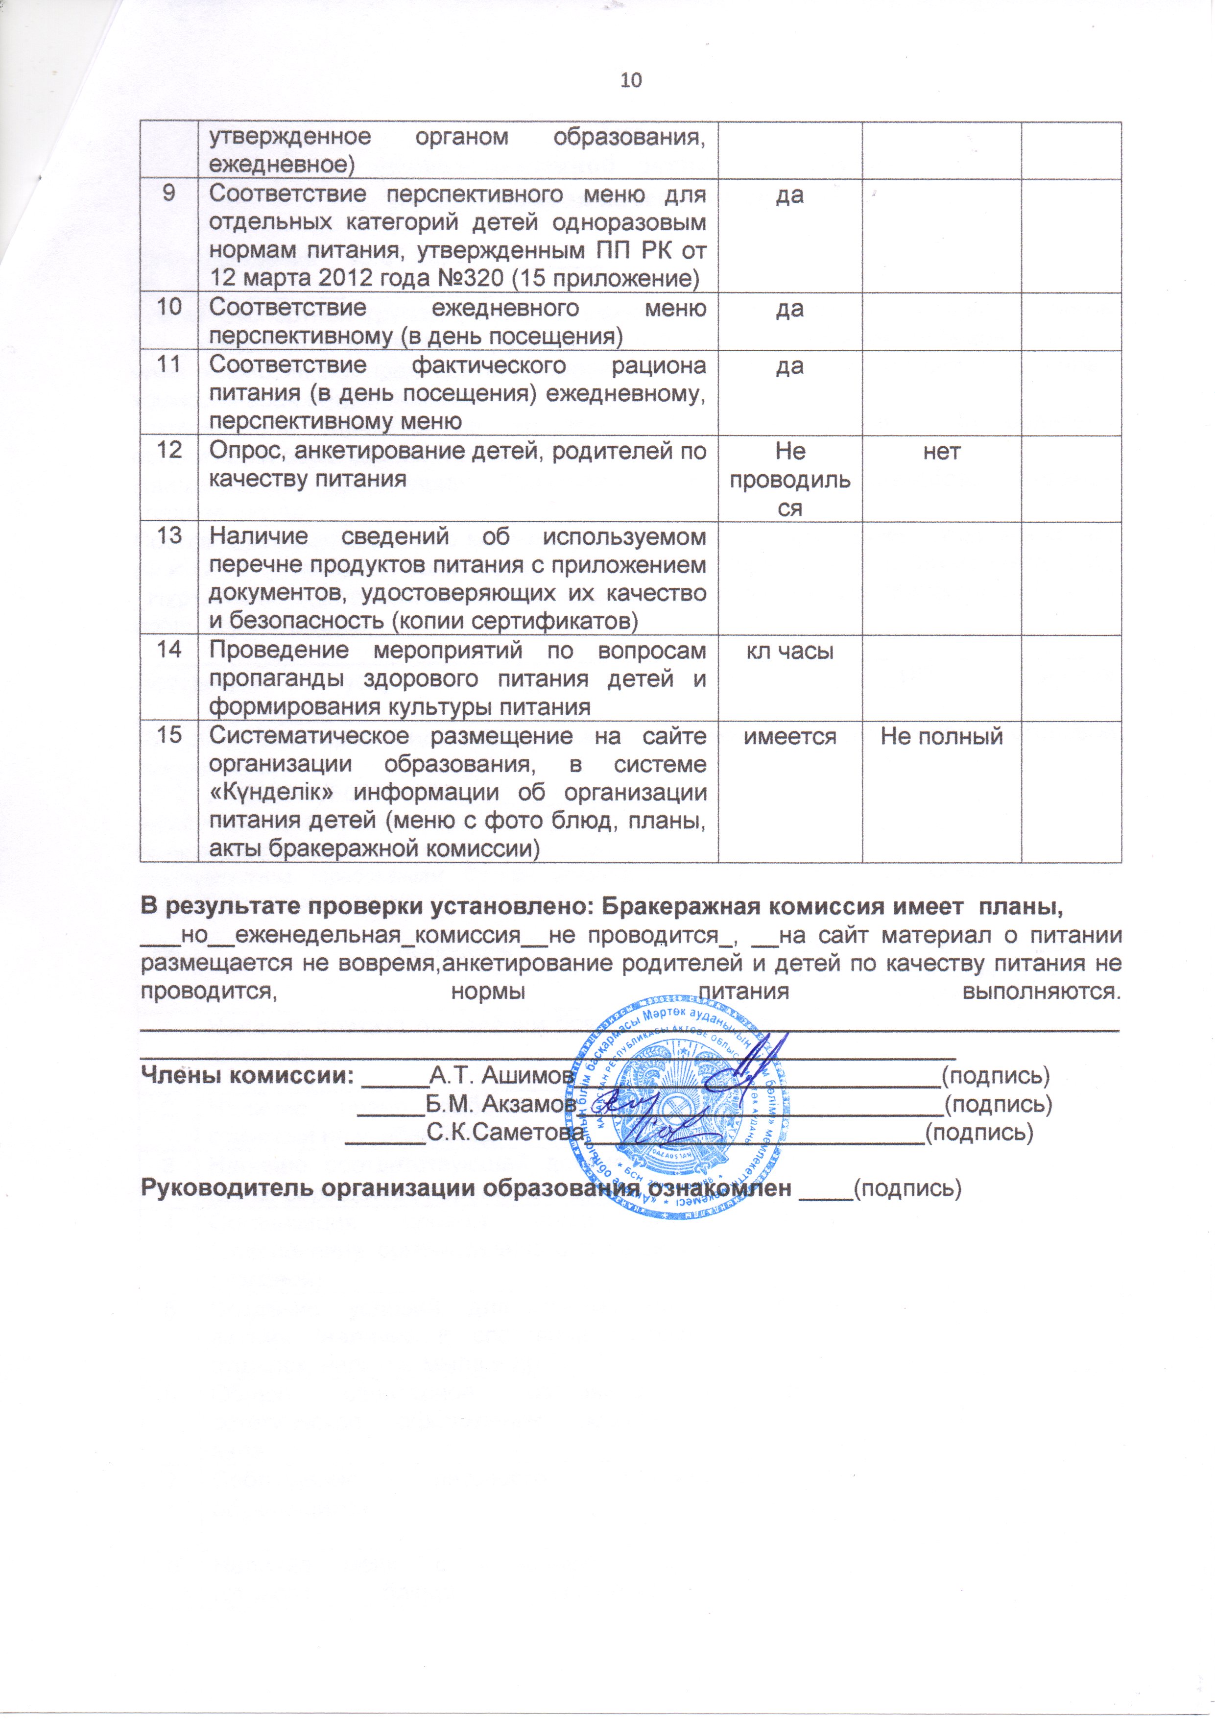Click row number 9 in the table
point(169,193)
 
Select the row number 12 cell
point(169,450)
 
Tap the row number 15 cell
point(169,735)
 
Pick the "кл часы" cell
point(790,650)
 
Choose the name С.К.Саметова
point(504,1132)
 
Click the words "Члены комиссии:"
point(247,1075)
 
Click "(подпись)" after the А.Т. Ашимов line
point(995,1076)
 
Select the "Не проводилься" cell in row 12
point(790,479)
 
